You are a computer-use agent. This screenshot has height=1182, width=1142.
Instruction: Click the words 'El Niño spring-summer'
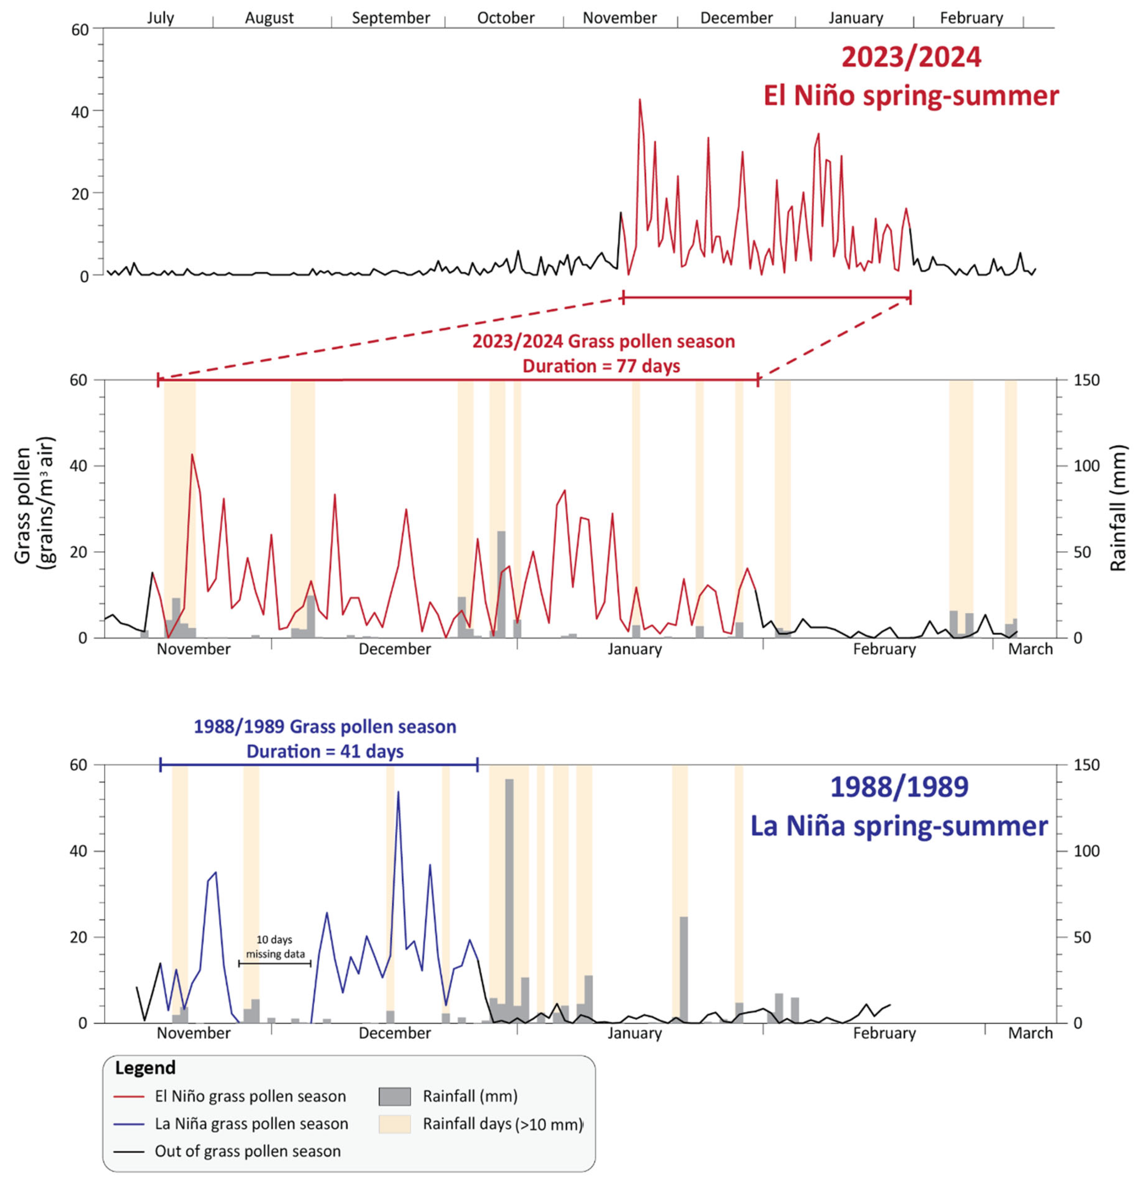911,96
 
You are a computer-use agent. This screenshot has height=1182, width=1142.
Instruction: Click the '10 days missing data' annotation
275,947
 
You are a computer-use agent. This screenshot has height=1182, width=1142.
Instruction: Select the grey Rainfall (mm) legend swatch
394,1096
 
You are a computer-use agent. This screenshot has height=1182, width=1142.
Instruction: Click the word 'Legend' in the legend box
145,1067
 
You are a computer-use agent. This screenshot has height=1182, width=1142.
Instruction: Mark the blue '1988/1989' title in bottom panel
899,787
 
